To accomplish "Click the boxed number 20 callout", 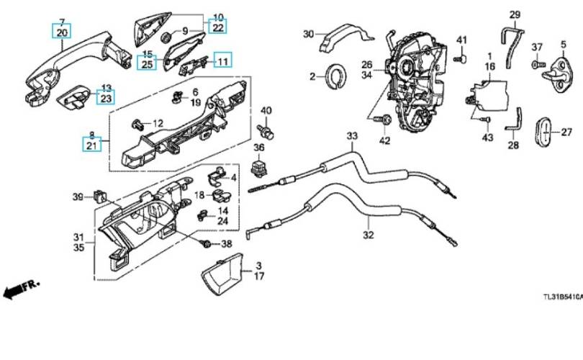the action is [x=62, y=32].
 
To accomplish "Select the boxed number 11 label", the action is [x=222, y=60].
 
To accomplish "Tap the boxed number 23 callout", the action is [x=106, y=98].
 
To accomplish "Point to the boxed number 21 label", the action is [x=91, y=145].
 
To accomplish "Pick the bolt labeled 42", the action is [x=383, y=121].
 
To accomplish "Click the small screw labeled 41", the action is [x=461, y=58].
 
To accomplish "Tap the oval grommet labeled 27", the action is [x=543, y=132].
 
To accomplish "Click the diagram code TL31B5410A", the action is [x=563, y=297].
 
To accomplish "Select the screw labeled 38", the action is [x=205, y=244].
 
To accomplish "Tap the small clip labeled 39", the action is [x=99, y=196].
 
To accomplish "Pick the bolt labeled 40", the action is [x=266, y=131].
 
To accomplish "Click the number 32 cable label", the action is [x=368, y=235].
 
